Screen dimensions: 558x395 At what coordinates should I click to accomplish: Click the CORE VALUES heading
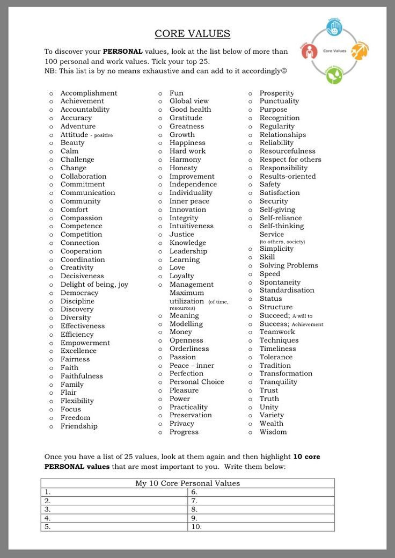(x=192, y=34)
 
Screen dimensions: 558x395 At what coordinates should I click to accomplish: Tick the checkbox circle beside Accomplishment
(x=51, y=93)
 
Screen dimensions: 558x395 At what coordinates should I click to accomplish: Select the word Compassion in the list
(x=81, y=218)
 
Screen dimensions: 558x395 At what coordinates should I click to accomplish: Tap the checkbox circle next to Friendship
(x=51, y=427)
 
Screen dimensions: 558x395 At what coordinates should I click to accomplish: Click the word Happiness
(x=187, y=143)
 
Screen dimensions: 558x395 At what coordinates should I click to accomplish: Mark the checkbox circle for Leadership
(x=160, y=252)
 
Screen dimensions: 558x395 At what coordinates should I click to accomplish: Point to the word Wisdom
(x=273, y=432)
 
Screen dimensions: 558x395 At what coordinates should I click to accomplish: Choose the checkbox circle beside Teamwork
(x=251, y=332)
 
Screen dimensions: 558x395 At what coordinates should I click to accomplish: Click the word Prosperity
(x=276, y=93)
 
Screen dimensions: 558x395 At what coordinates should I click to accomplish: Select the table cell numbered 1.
(x=114, y=492)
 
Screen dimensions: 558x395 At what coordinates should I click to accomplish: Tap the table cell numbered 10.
(x=261, y=527)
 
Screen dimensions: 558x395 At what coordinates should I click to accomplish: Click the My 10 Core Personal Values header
(x=187, y=483)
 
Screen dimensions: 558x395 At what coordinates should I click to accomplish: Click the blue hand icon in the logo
(x=334, y=28)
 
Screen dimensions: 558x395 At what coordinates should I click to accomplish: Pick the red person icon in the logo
(x=310, y=52)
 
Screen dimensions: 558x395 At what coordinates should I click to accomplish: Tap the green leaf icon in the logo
(x=334, y=75)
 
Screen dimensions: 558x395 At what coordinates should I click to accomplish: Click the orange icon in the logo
(x=359, y=52)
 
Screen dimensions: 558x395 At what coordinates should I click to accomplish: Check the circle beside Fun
(x=160, y=93)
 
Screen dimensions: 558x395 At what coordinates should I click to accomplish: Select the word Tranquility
(x=278, y=382)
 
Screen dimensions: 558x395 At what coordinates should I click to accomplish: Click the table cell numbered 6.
(x=261, y=492)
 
